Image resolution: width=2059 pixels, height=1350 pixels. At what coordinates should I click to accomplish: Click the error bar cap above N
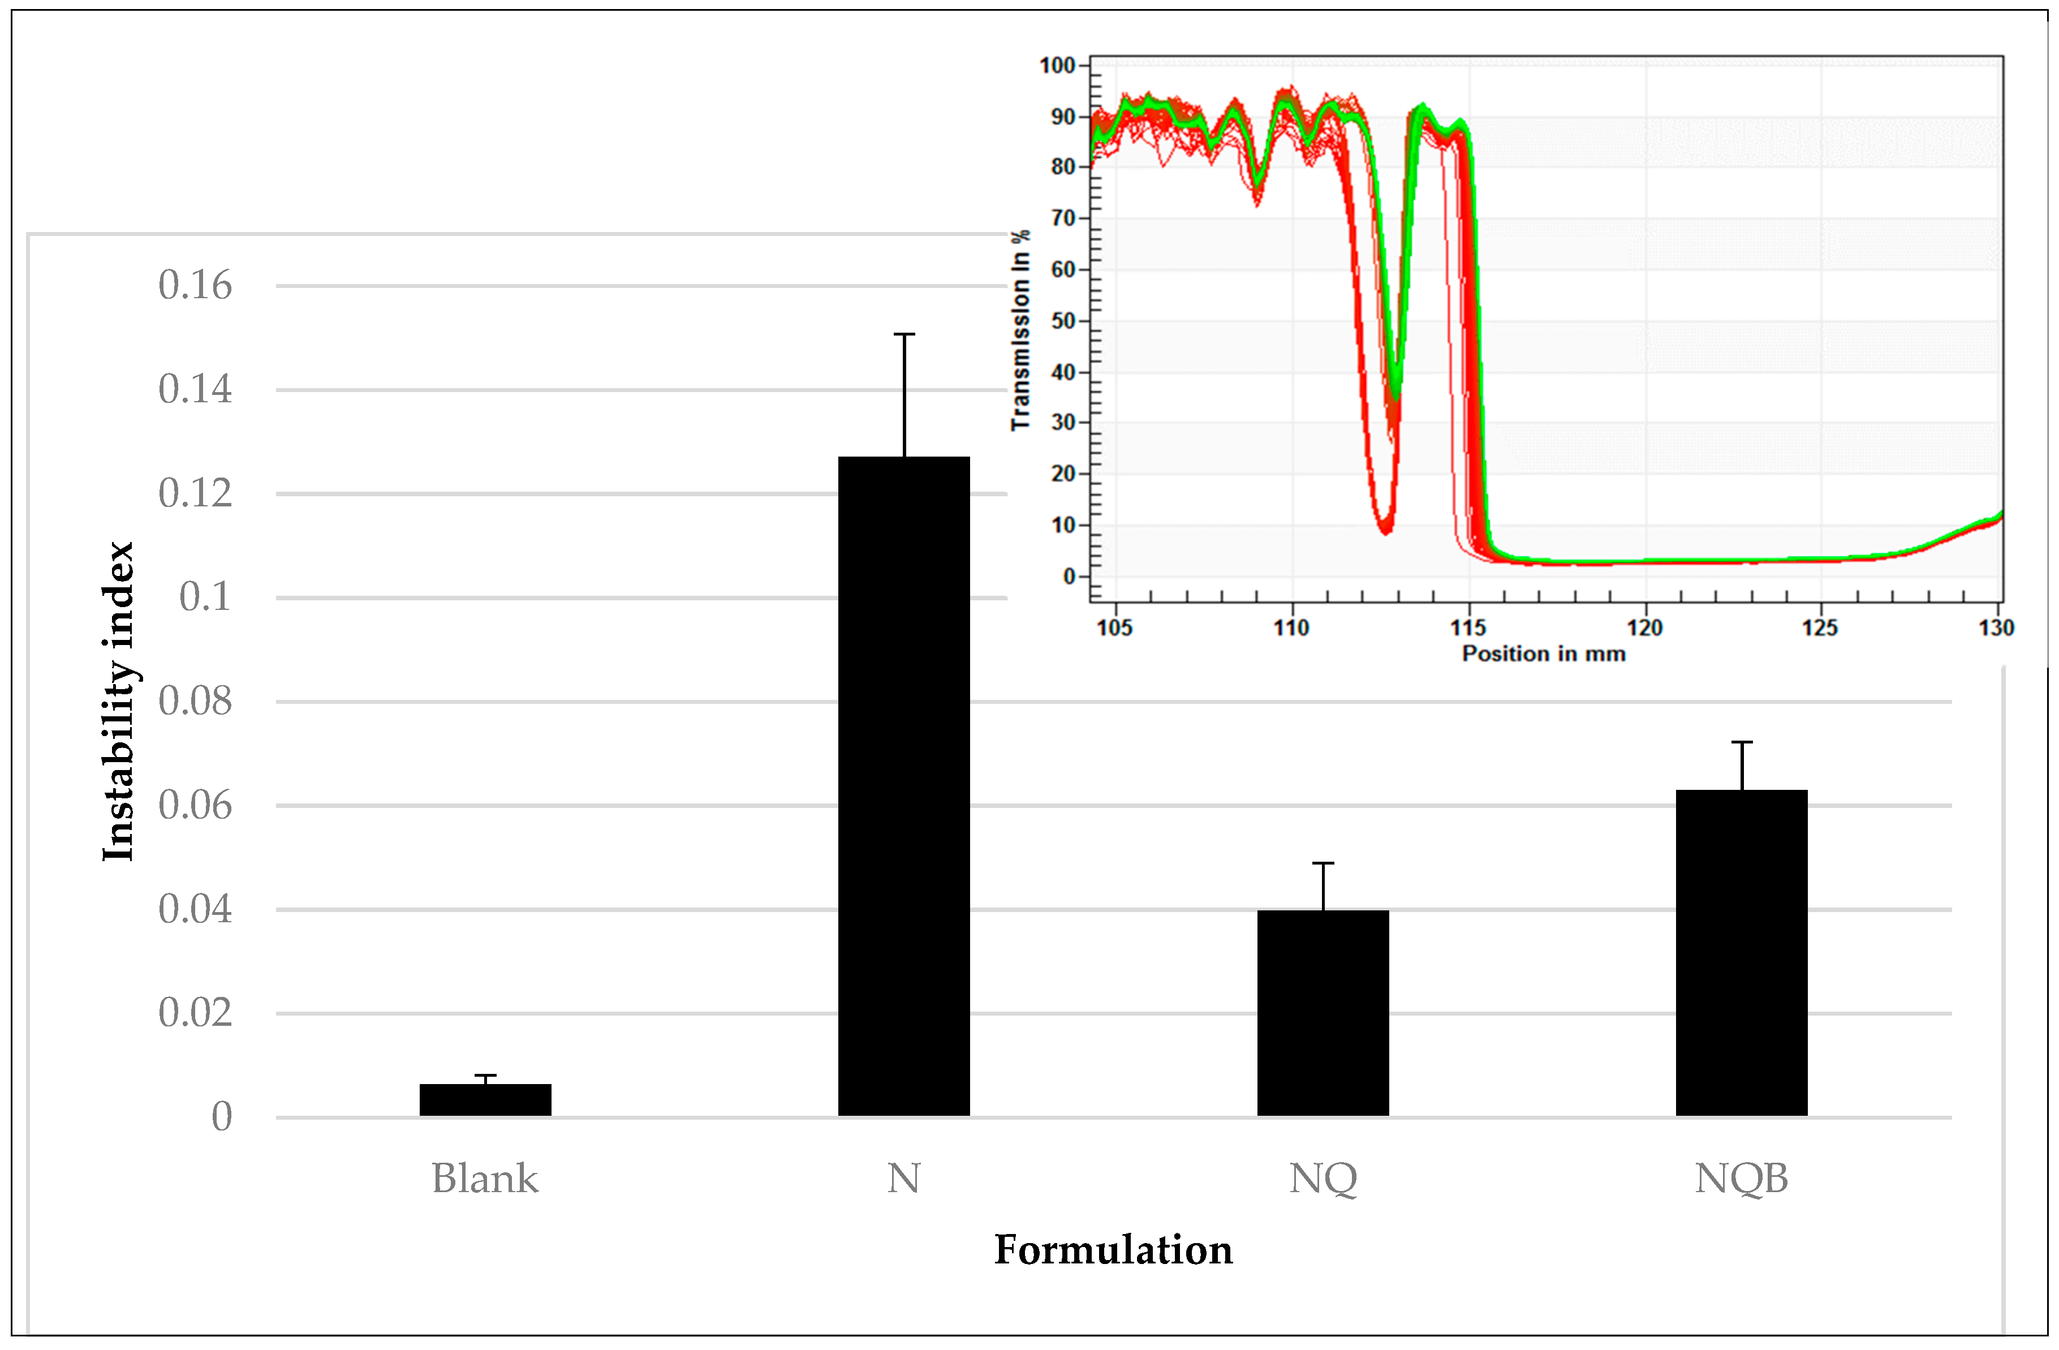pos(904,334)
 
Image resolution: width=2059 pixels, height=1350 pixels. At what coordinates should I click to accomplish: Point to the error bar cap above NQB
pos(1742,742)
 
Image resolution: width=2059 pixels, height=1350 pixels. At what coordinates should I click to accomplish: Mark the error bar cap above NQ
pos(1323,863)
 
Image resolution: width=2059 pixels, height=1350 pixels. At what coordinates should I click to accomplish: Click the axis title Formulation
pos(1113,1250)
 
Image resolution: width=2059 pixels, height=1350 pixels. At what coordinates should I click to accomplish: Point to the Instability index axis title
pos(119,702)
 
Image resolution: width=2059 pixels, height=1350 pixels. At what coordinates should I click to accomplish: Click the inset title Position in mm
pos(1543,653)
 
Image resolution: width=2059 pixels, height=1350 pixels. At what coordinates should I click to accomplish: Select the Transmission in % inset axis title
pos(1021,330)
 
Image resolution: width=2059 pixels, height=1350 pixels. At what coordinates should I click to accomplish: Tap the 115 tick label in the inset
pos(1468,627)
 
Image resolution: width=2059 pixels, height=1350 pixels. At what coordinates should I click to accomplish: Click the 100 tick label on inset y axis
pos(1057,66)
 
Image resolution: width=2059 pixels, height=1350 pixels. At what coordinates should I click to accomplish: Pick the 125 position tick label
pos(1820,627)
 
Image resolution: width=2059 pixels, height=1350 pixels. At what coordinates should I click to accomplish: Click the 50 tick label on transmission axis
pos(1063,321)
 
